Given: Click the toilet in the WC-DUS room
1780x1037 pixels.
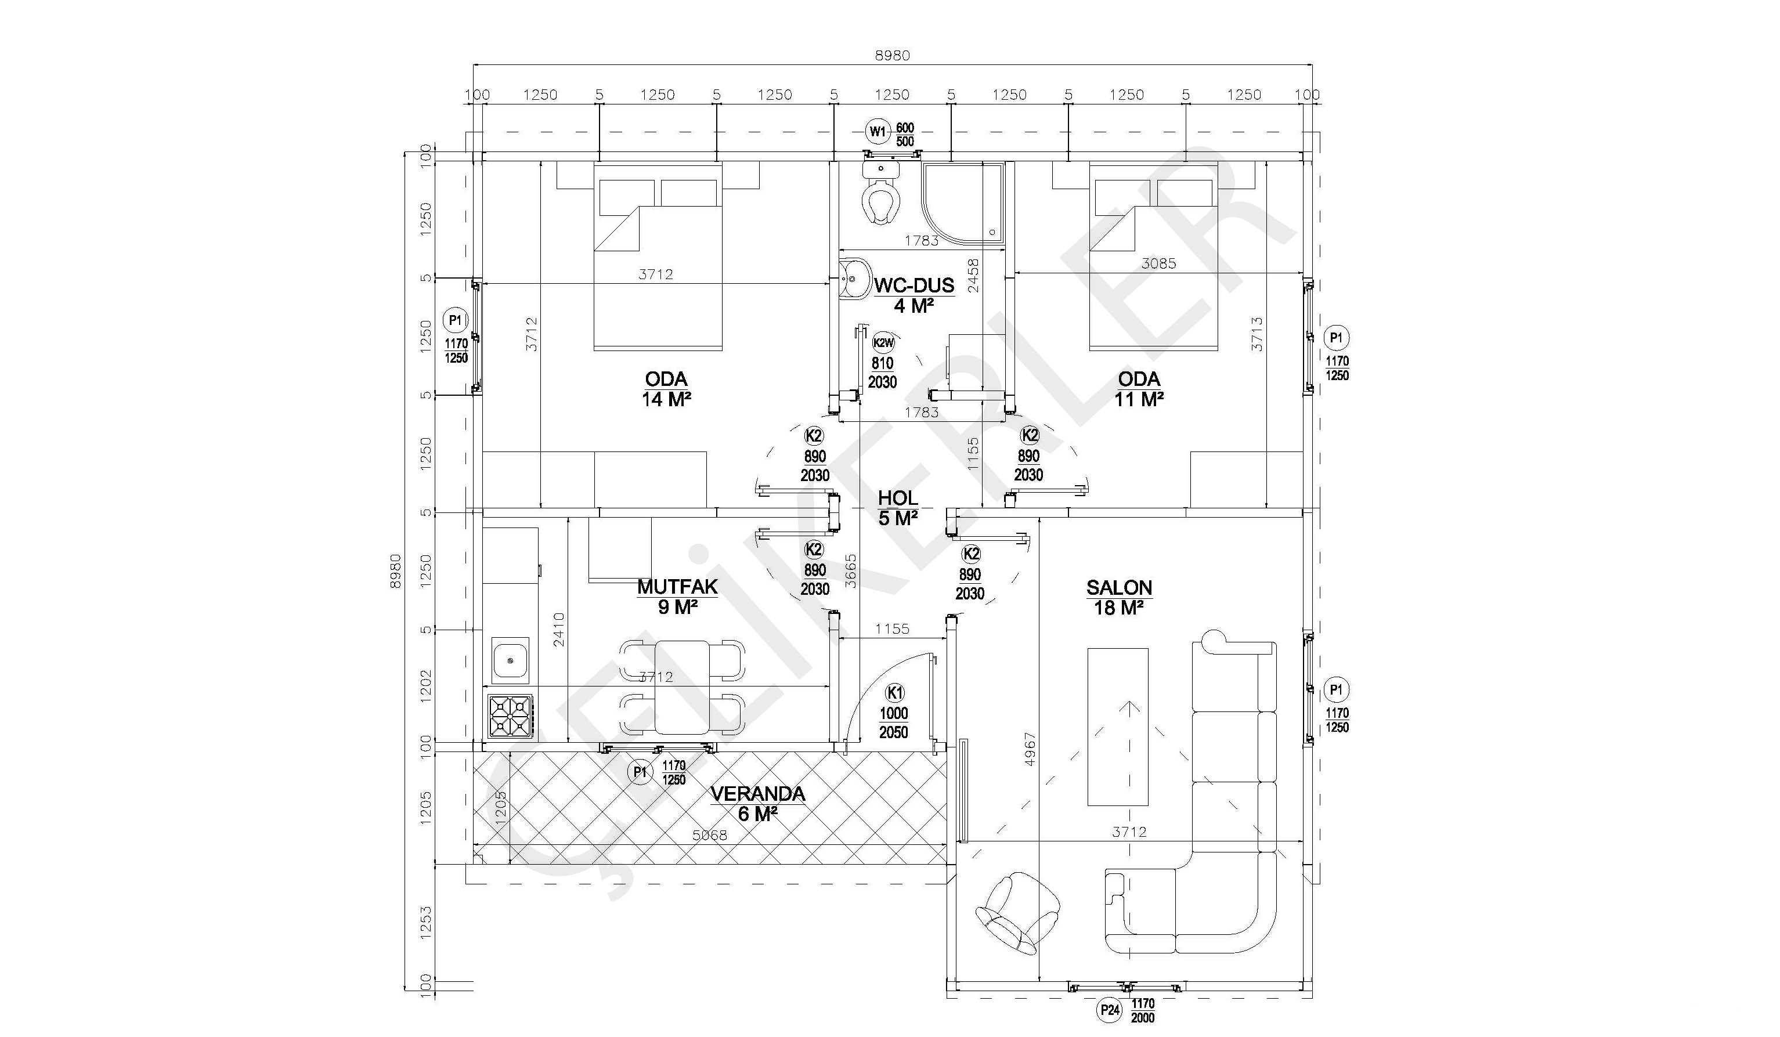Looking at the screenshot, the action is tap(880, 191).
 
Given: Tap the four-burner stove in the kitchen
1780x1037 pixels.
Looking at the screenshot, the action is tap(510, 717).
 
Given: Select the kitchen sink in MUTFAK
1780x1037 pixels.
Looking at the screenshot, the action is tap(510, 660).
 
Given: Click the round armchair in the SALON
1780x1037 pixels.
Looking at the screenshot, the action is tap(1017, 914).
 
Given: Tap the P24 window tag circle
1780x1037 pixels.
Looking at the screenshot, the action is tap(1110, 1010).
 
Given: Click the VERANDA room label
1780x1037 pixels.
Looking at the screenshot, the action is tap(757, 794).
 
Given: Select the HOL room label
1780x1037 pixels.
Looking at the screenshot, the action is tap(898, 498).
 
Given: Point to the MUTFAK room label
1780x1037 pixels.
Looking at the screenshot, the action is tap(677, 587).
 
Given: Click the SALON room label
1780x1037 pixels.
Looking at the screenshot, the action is tap(1119, 588).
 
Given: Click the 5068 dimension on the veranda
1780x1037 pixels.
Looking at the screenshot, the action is tap(709, 834).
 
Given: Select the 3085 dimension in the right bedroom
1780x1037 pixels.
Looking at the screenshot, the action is tap(1159, 263).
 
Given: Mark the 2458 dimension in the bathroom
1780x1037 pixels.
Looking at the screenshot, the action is tap(973, 276).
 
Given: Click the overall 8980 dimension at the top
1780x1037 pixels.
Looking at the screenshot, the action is tap(892, 55).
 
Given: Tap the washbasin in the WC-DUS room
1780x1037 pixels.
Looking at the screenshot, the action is tap(851, 279).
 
